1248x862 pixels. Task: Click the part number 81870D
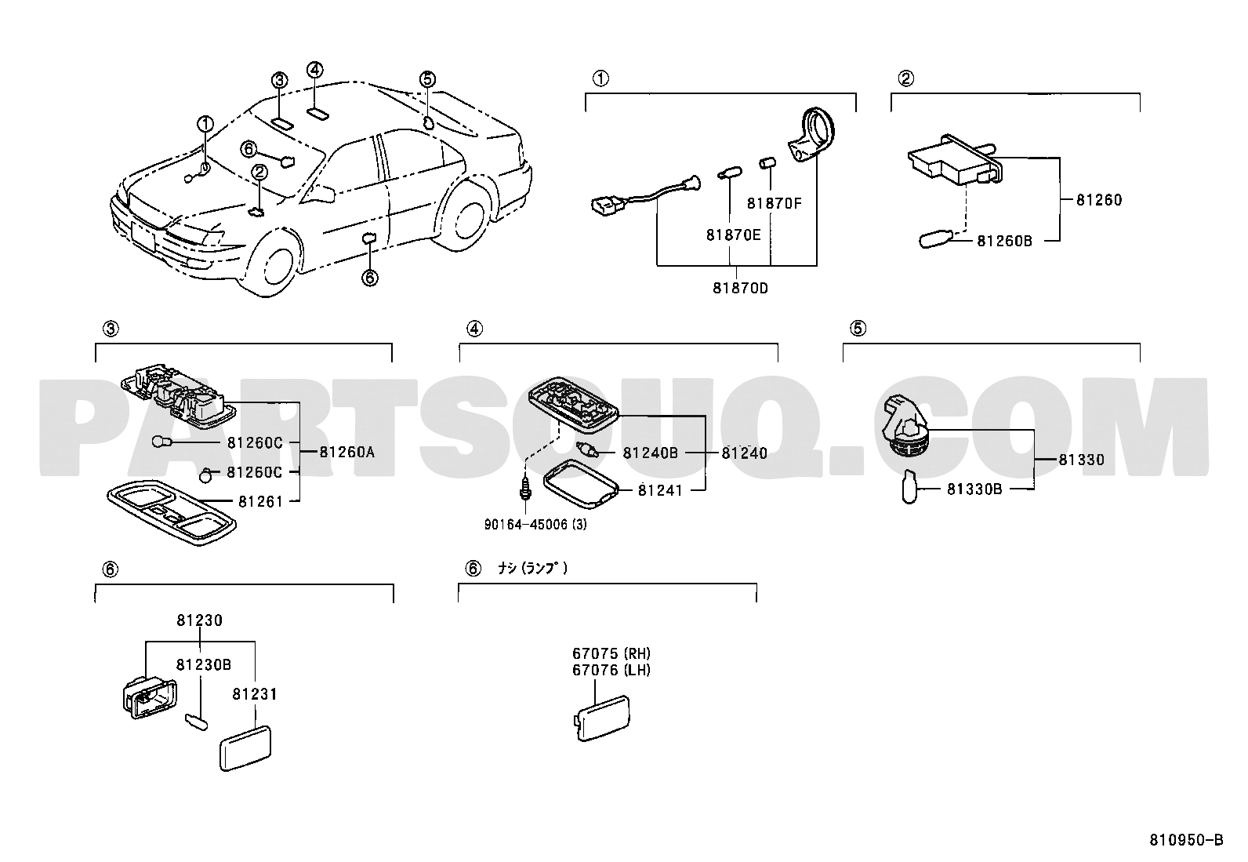[x=740, y=289]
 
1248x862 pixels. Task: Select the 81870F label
[x=774, y=203]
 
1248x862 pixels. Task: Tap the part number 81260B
[x=1004, y=241]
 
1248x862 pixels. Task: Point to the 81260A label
[x=346, y=453]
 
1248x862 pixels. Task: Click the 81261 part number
[x=261, y=502]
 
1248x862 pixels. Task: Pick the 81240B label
[x=650, y=453]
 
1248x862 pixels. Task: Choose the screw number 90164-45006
[x=526, y=525]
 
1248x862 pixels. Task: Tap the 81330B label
[x=974, y=489]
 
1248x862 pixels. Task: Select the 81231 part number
[x=255, y=694]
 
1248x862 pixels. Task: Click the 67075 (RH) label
[x=611, y=653]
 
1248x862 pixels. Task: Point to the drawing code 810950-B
[x=1186, y=840]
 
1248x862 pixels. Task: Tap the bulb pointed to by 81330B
[x=909, y=487]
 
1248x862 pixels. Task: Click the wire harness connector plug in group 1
[x=606, y=205]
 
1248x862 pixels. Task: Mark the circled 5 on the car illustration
[x=427, y=79]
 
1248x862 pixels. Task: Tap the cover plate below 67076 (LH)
[x=602, y=718]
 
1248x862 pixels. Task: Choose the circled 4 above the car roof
[x=315, y=71]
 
